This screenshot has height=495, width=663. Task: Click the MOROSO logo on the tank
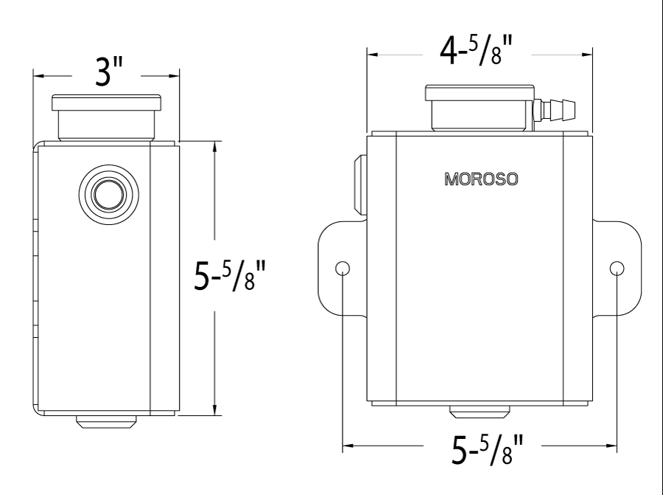[480, 178]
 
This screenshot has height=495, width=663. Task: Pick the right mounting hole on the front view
[617, 267]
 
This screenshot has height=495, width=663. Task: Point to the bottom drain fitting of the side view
[107, 423]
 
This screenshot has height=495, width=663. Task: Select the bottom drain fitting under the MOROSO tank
[480, 415]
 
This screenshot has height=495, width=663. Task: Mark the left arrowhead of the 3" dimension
[37, 75]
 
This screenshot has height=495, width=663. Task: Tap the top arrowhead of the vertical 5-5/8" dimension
[214, 145]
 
